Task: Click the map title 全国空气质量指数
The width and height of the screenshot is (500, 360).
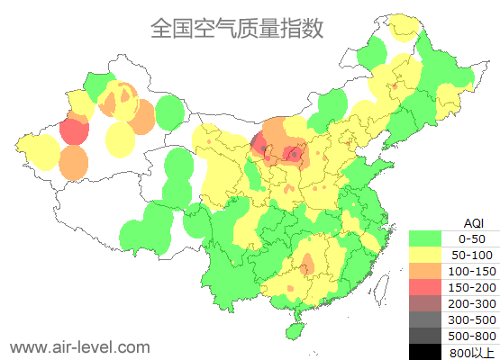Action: [x=236, y=28]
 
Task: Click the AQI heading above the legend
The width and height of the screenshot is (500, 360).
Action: [x=472, y=222]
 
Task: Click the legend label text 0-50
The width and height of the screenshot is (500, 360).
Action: [x=472, y=238]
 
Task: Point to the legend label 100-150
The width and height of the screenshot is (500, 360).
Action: [x=472, y=271]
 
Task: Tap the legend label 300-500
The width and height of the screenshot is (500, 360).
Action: [x=472, y=319]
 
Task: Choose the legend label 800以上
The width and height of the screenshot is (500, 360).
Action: [x=472, y=352]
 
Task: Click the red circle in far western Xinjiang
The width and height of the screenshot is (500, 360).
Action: [x=74, y=132]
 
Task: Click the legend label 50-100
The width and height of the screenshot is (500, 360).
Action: [x=472, y=255]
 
